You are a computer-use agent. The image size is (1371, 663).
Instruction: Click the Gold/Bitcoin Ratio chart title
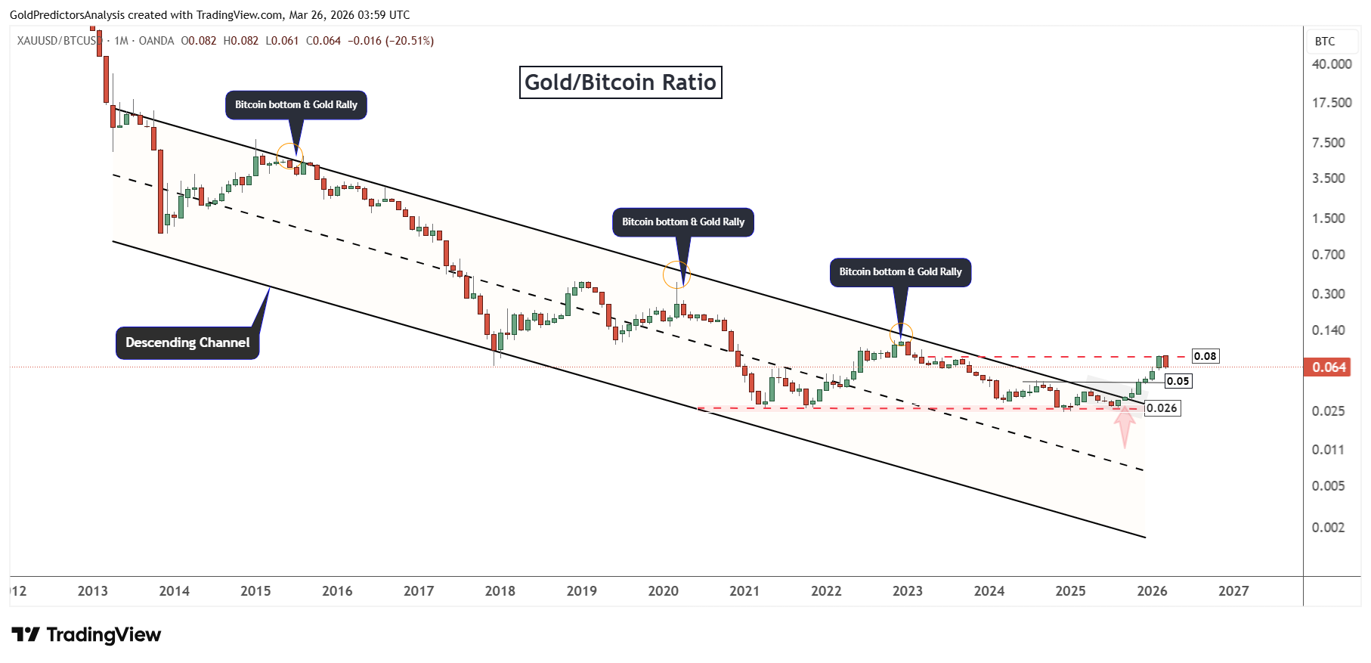(x=621, y=82)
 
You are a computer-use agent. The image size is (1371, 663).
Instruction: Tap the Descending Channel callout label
(x=187, y=342)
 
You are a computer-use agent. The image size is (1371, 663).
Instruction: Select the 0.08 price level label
(x=1205, y=356)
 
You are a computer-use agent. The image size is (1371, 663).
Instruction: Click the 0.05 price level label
(x=1178, y=381)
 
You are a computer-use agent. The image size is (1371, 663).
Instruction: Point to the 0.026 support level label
(x=1162, y=408)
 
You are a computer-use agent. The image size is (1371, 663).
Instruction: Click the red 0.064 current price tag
(x=1328, y=367)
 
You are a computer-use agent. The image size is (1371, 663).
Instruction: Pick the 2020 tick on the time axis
(x=663, y=591)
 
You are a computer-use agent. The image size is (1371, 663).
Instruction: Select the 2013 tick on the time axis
(x=93, y=591)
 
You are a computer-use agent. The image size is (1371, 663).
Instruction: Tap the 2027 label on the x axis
(x=1233, y=591)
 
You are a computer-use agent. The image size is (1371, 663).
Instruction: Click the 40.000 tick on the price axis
(x=1332, y=64)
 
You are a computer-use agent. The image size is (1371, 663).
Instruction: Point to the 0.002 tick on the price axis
(x=1328, y=527)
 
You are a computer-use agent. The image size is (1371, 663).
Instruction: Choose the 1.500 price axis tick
(x=1328, y=218)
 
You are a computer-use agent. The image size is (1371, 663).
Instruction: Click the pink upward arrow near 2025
(x=1125, y=426)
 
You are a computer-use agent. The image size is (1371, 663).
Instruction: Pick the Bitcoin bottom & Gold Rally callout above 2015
(x=296, y=105)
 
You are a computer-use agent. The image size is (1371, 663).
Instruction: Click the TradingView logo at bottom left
(x=86, y=634)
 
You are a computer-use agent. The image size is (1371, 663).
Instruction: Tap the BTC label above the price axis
(x=1325, y=42)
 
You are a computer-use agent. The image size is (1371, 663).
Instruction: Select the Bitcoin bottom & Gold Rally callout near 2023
(x=900, y=272)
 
